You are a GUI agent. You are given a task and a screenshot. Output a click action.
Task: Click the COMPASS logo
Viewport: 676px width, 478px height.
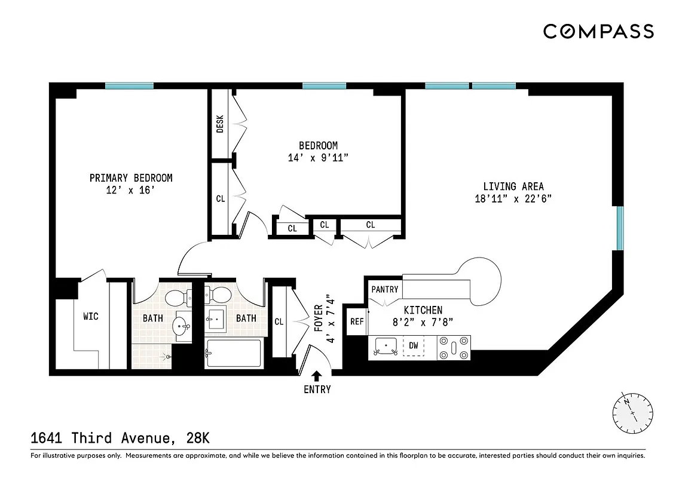click(x=598, y=32)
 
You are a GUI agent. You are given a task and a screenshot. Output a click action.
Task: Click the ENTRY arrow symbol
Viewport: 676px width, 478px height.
click(x=317, y=376)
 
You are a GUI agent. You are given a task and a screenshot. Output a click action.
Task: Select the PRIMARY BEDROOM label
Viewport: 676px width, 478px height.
click(x=131, y=178)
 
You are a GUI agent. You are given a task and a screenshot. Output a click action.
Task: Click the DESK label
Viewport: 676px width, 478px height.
click(x=220, y=124)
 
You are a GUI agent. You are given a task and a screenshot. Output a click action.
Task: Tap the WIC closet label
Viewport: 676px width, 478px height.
click(x=90, y=316)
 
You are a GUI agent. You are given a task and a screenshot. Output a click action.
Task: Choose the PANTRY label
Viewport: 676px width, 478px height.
click(x=384, y=289)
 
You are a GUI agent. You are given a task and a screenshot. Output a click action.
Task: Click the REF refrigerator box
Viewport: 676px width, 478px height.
click(x=357, y=321)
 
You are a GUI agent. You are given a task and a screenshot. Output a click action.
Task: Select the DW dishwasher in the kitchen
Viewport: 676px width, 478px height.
click(x=414, y=345)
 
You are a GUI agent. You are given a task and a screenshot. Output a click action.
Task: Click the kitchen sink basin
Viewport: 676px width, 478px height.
click(x=386, y=346)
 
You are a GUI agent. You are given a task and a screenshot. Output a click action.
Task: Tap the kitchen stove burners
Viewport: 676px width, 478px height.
click(x=454, y=346)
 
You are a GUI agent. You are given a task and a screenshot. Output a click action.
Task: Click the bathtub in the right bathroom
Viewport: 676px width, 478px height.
click(x=233, y=353)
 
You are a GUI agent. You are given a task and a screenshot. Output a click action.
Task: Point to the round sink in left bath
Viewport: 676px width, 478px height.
click(x=181, y=326)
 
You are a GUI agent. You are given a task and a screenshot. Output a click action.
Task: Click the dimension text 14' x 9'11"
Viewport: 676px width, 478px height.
click(x=318, y=158)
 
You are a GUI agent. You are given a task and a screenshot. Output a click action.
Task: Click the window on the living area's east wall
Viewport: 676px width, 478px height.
click(x=620, y=228)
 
